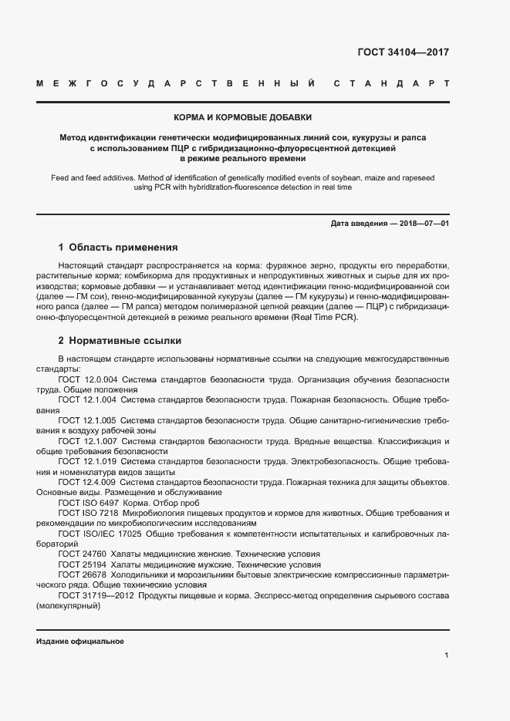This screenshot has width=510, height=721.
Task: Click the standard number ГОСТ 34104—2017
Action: coord(403,52)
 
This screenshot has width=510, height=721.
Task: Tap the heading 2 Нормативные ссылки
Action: coord(120,340)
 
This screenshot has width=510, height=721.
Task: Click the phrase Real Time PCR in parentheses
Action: coord(324,317)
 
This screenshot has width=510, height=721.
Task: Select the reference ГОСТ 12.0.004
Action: coord(87,379)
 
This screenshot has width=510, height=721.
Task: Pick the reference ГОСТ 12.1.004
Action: coord(87,400)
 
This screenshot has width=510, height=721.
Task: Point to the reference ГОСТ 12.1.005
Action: coord(87,420)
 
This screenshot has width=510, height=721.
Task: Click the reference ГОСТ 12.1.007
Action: coord(87,441)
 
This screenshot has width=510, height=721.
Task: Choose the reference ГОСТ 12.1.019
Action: coord(87,461)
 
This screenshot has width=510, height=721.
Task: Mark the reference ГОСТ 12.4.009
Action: coord(87,482)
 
